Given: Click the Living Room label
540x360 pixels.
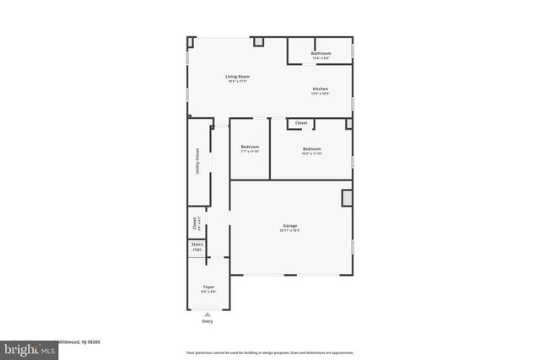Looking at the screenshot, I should tap(237, 77).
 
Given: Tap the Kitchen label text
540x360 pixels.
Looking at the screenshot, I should tap(320, 89).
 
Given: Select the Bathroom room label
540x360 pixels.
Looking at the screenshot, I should tap(321, 54).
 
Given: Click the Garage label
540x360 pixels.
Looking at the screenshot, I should tap(290, 226).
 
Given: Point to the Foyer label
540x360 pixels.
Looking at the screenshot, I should tap(208, 287).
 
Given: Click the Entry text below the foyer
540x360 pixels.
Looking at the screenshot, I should tap(208, 321).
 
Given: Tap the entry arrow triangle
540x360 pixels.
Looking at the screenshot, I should tap(208, 314).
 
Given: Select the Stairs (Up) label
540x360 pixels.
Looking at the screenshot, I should tap(197, 248).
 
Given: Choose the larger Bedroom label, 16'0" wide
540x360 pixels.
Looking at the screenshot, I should tap(312, 149).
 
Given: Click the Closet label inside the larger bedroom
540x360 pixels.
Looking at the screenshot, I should tap(301, 124).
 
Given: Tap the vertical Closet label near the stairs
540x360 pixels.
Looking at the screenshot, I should tap(195, 223).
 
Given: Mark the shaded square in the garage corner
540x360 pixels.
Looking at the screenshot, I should tap(346, 197).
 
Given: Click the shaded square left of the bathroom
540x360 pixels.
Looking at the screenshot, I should tap(259, 41).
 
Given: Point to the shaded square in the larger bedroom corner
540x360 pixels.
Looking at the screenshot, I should tap(349, 124).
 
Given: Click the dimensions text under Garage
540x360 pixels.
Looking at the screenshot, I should tap(290, 231).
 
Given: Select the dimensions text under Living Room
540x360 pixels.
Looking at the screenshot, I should tap(237, 82).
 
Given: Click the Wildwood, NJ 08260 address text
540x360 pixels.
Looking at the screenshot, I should tap(78, 341).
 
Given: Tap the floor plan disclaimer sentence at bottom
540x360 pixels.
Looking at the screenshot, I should tap(269, 352).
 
